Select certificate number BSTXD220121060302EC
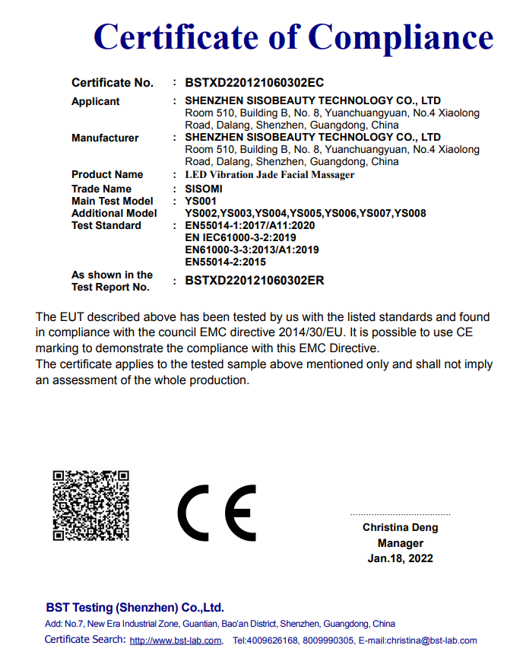click(x=255, y=82)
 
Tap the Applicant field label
click(x=96, y=101)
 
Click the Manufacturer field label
click(x=105, y=138)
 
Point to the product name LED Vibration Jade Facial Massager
click(x=270, y=174)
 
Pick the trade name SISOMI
click(x=204, y=189)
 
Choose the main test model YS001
click(x=201, y=201)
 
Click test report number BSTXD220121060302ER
click(x=255, y=281)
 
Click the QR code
click(x=90, y=506)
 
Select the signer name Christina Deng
click(x=400, y=527)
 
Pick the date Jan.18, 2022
click(x=400, y=558)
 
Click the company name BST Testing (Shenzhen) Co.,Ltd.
click(x=135, y=607)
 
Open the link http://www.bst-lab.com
click(x=176, y=641)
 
